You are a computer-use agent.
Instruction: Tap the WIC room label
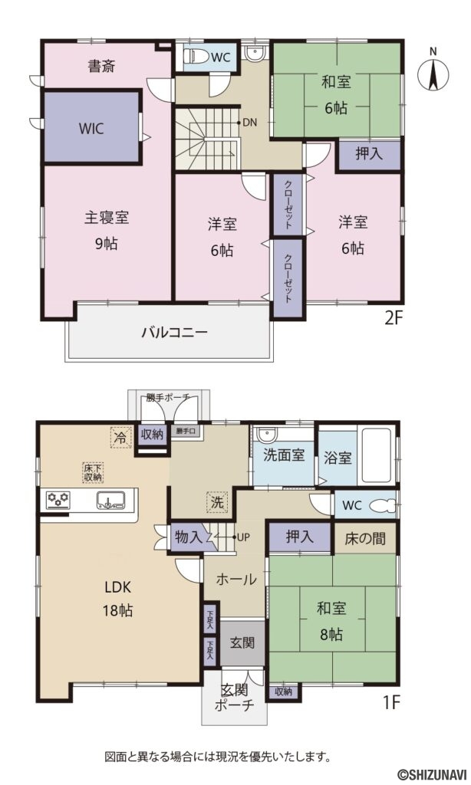(x=91, y=128)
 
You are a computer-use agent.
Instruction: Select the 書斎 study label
(x=101, y=66)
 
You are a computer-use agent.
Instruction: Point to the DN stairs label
(x=249, y=122)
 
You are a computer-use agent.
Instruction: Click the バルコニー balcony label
(x=173, y=333)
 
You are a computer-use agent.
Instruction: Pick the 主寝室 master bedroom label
(x=106, y=218)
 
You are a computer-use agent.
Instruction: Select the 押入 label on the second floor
(x=369, y=153)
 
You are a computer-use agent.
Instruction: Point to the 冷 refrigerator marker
(x=120, y=436)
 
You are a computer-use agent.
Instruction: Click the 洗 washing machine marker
(x=217, y=504)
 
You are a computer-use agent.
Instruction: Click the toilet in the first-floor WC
(x=382, y=506)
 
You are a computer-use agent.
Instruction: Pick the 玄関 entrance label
(x=242, y=642)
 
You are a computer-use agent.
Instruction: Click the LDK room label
(x=119, y=589)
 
